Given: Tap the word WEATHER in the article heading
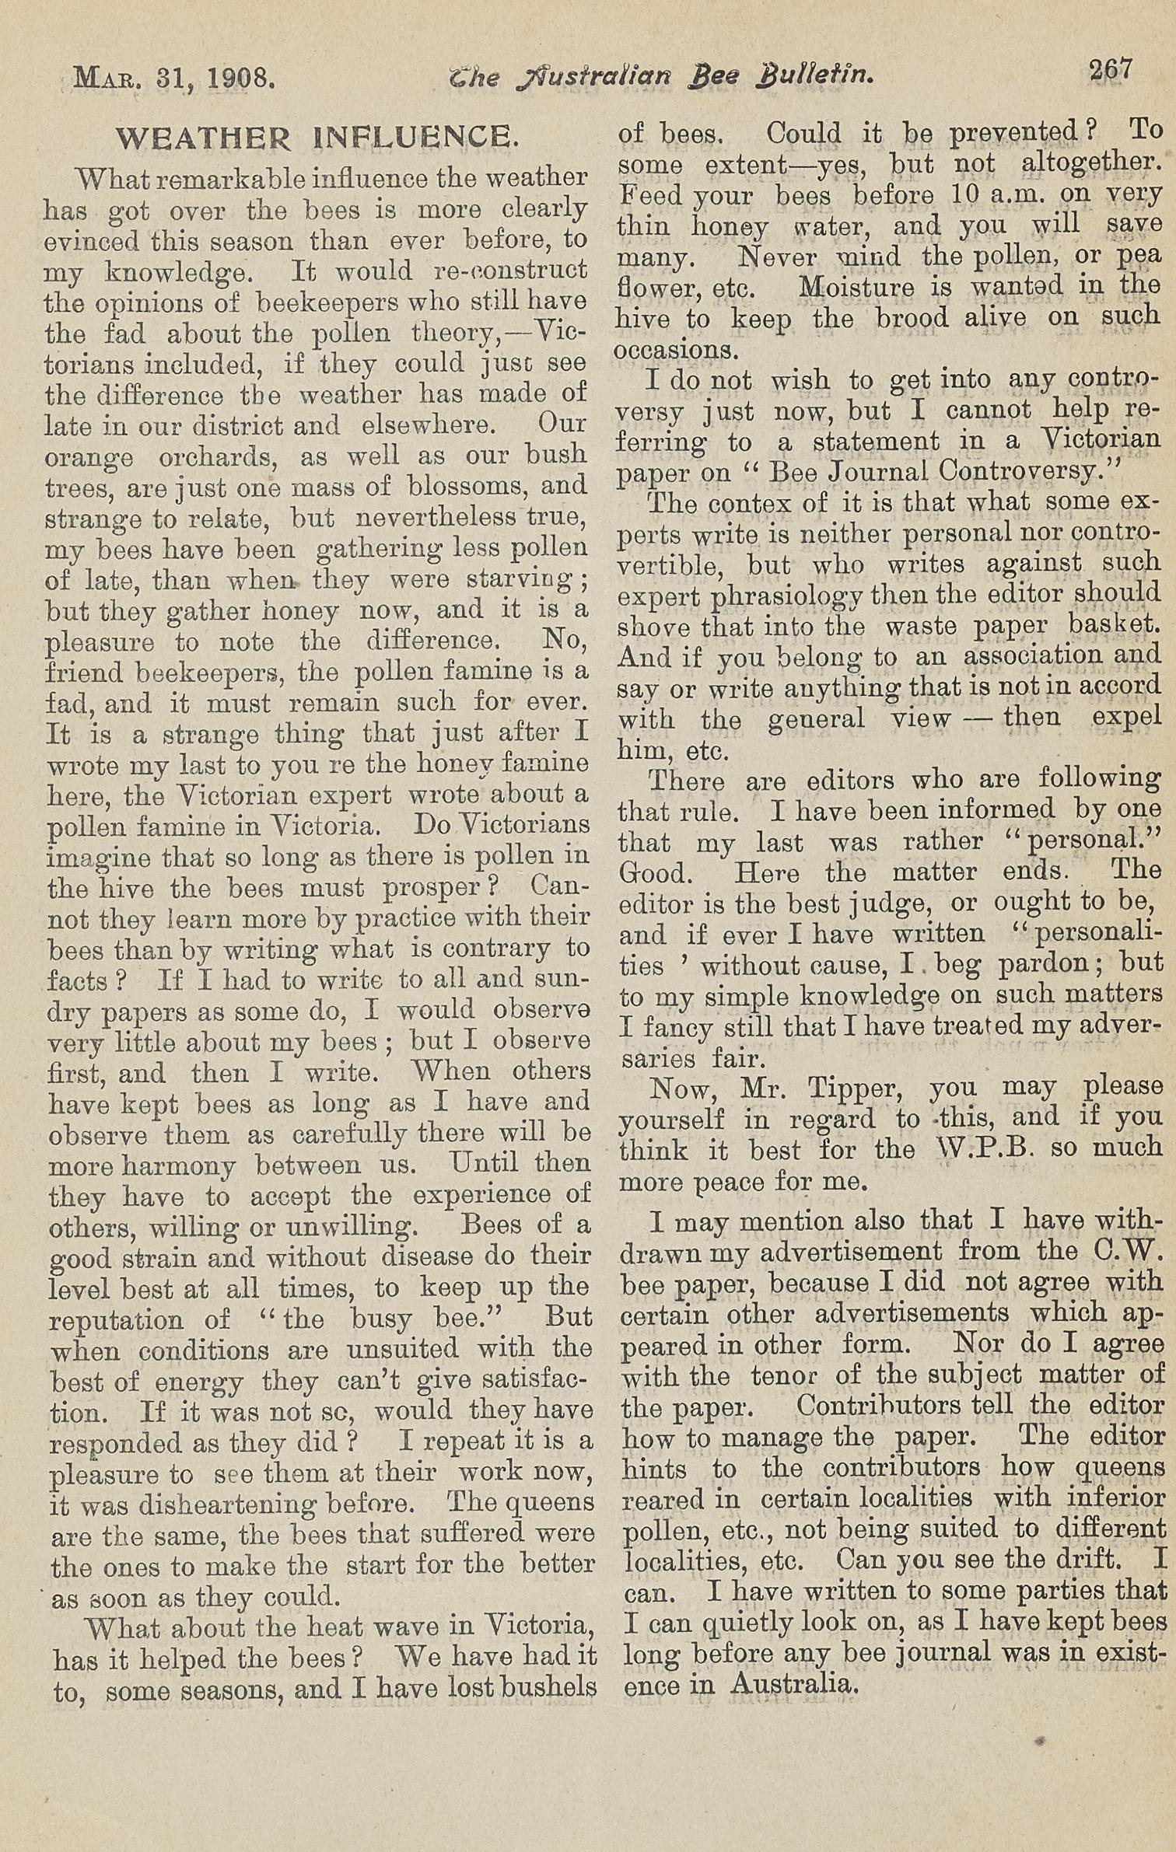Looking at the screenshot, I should click(x=203, y=138).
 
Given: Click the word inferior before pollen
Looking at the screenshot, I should click(x=1117, y=1497).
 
